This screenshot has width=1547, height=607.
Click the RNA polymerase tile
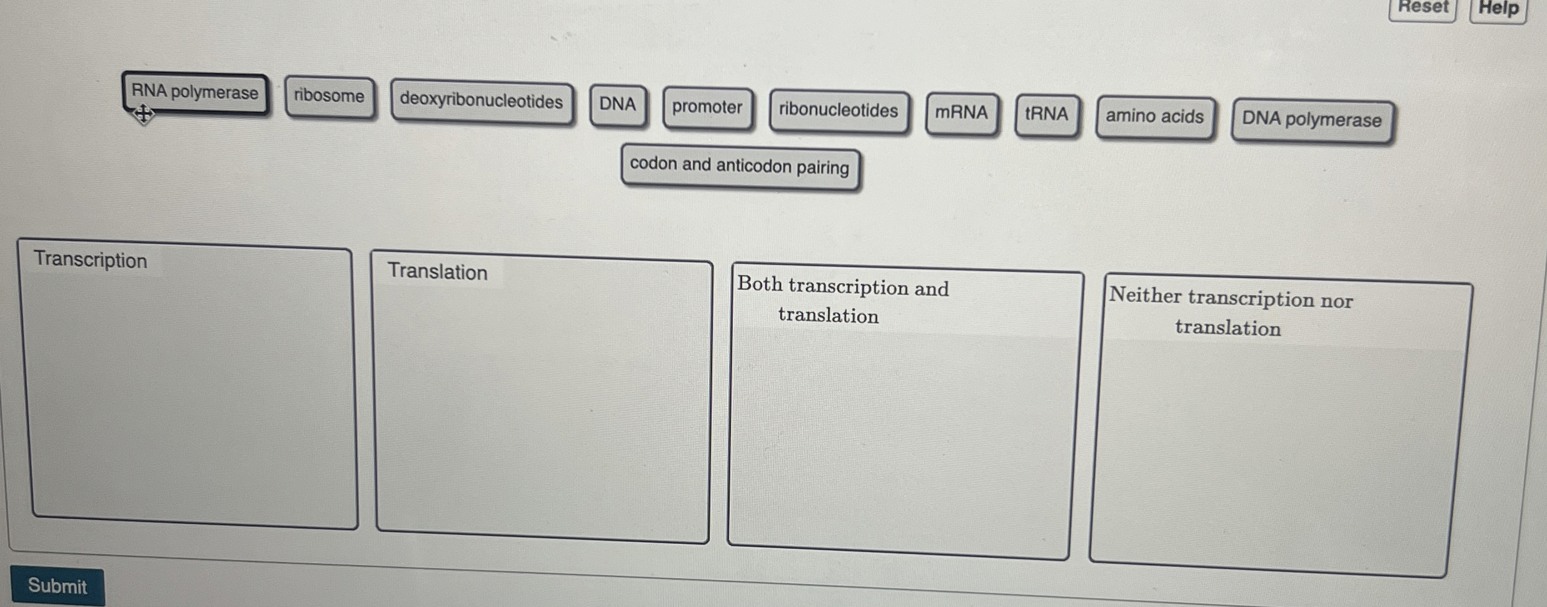tap(195, 93)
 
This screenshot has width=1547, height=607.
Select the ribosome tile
tap(329, 96)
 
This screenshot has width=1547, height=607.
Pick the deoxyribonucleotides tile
tap(481, 101)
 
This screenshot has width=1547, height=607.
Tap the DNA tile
tap(617, 104)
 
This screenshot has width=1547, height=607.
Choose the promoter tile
tap(707, 108)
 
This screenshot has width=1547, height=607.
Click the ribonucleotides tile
tap(838, 111)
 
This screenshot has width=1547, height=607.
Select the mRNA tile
tap(961, 113)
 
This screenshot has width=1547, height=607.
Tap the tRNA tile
tap(1046, 114)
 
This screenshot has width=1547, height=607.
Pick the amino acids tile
tap(1154, 117)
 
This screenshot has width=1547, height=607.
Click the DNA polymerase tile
tap(1311, 119)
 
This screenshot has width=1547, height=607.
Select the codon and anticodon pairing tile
tap(739, 166)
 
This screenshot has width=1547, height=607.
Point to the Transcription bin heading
tap(91, 260)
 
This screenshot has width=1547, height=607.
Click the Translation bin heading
tap(437, 272)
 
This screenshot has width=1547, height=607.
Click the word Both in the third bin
tap(760, 284)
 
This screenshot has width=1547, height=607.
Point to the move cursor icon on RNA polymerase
tap(143, 114)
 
